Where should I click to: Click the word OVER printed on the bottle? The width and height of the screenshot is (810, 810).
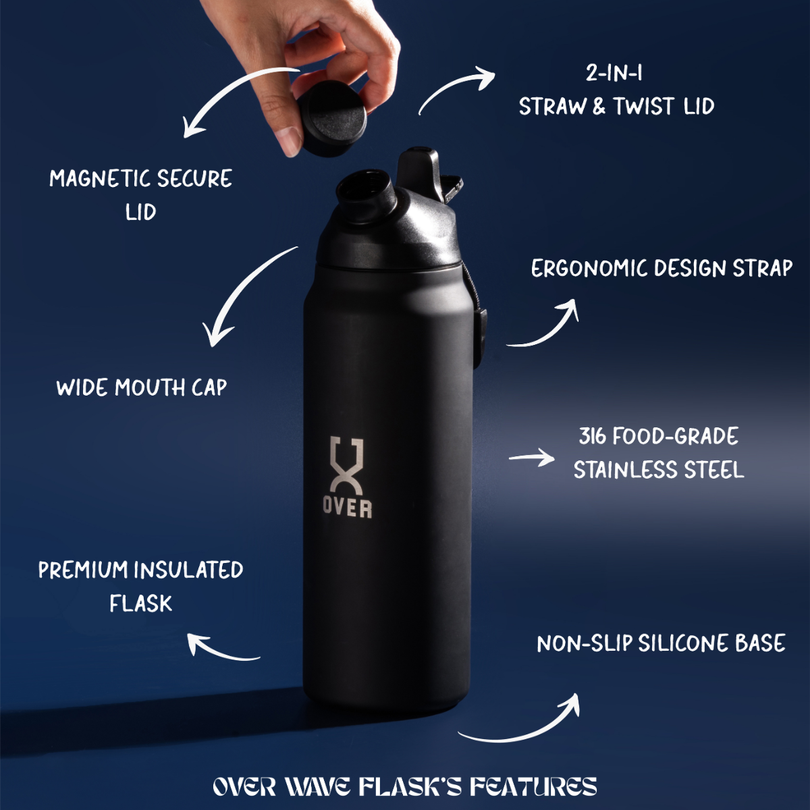347,508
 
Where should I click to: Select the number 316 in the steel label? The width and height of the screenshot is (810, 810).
592,437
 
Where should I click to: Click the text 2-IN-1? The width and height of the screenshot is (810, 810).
614,73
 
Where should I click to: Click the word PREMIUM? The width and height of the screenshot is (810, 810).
82,570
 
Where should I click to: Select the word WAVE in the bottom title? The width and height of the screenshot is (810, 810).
317,787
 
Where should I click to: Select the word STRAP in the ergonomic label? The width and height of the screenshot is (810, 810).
762,269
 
